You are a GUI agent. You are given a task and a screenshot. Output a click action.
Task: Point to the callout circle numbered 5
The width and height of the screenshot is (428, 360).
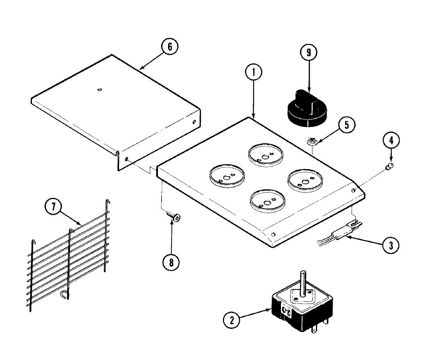pyautogui.click(x=346, y=125)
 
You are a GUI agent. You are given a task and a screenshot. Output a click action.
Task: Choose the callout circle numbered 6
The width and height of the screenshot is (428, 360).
pyautogui.click(x=170, y=47)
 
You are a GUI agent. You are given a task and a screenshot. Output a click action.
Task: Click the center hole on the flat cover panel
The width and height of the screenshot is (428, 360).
pyautogui.click(x=100, y=90)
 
